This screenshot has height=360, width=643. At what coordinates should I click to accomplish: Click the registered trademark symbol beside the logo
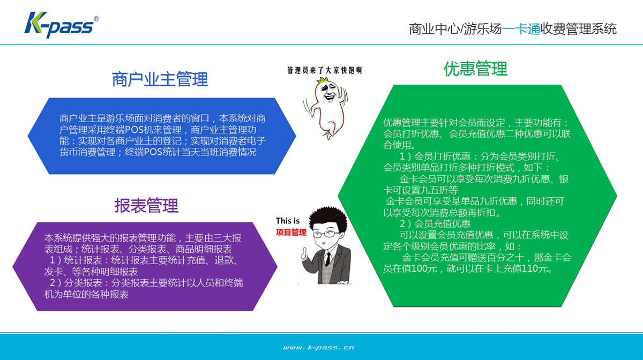pyautogui.click(x=96, y=19)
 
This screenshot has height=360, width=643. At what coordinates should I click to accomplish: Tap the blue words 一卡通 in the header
pyautogui.click(x=521, y=29)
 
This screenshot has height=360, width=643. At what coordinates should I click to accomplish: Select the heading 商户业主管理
pyautogui.click(x=160, y=79)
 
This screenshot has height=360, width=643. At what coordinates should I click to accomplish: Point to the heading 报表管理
pyautogui.click(x=146, y=206)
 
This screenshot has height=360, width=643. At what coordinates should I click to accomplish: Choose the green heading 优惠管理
pyautogui.click(x=476, y=69)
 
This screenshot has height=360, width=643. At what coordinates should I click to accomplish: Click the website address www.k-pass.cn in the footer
pyautogui.click(x=318, y=347)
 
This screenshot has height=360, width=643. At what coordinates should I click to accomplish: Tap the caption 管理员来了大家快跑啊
pyautogui.click(x=325, y=70)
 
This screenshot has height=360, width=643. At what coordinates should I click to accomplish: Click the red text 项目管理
pyautogui.click(x=291, y=232)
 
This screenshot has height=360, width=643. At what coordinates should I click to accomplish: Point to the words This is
pyautogui.click(x=288, y=221)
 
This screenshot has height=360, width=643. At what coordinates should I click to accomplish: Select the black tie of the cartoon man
pyautogui.click(x=328, y=259)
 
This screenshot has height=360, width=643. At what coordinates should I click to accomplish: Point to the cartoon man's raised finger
pyautogui.click(x=304, y=251)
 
